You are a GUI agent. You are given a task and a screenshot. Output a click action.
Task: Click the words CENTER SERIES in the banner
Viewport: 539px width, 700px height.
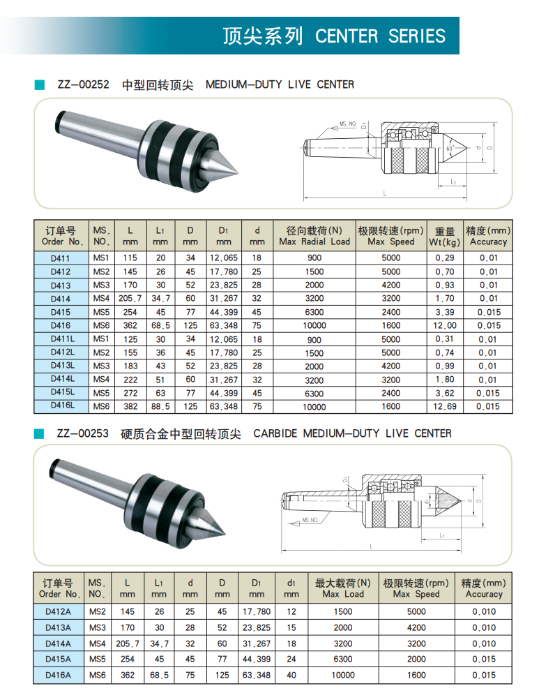coord(380,36)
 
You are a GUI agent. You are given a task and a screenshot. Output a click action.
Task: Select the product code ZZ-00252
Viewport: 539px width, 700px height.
coord(83,84)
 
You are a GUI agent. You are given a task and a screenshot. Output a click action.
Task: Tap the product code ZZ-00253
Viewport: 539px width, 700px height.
coord(83,433)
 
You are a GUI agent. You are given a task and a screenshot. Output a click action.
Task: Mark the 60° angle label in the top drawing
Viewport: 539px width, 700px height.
coord(450,149)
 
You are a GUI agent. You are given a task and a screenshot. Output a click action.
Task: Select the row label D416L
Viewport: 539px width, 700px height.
coord(63,406)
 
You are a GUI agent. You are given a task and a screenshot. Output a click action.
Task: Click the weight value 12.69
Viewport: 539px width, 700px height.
coord(445,406)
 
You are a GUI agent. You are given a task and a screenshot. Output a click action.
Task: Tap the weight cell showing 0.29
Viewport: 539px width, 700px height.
coord(445,258)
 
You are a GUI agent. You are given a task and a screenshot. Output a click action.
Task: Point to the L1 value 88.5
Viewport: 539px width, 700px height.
coord(160,406)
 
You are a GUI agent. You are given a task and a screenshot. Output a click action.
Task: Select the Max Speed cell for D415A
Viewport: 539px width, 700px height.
coord(416,659)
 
